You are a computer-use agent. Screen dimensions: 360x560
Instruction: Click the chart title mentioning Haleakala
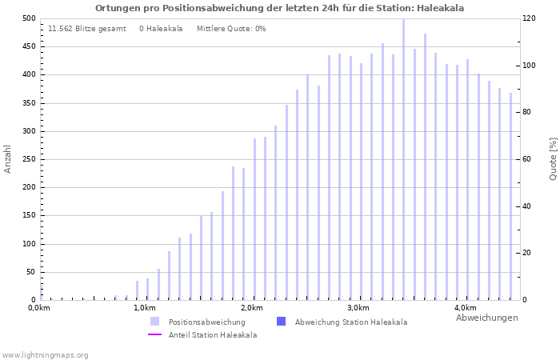[x=279, y=8]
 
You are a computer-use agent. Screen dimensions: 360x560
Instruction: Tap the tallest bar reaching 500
[x=403, y=160]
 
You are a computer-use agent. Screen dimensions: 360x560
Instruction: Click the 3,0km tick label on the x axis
[x=358, y=308]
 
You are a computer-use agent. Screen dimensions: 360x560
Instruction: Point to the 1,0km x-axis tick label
[x=144, y=308]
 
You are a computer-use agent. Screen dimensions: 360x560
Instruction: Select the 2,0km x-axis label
[x=251, y=308]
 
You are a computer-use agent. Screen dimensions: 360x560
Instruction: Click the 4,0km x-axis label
[x=465, y=308]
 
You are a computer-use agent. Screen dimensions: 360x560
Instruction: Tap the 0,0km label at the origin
[x=39, y=308]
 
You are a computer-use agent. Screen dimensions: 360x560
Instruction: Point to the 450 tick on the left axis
[x=28, y=46]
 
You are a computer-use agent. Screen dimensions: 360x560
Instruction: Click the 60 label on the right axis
[x=529, y=159]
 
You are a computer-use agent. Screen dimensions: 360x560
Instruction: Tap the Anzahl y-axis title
[x=8, y=158]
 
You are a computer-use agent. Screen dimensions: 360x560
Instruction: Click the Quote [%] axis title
[x=553, y=158]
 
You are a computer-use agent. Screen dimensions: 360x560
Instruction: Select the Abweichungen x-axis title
[x=486, y=318]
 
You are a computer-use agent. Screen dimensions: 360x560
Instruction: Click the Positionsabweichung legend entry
[x=206, y=322]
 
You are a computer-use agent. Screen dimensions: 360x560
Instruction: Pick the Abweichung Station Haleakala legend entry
[x=350, y=322]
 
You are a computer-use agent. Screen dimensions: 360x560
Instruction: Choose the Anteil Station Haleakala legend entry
[x=212, y=335]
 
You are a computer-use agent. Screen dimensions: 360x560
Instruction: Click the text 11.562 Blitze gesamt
[x=86, y=29]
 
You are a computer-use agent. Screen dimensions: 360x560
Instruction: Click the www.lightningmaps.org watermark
[x=45, y=354]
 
